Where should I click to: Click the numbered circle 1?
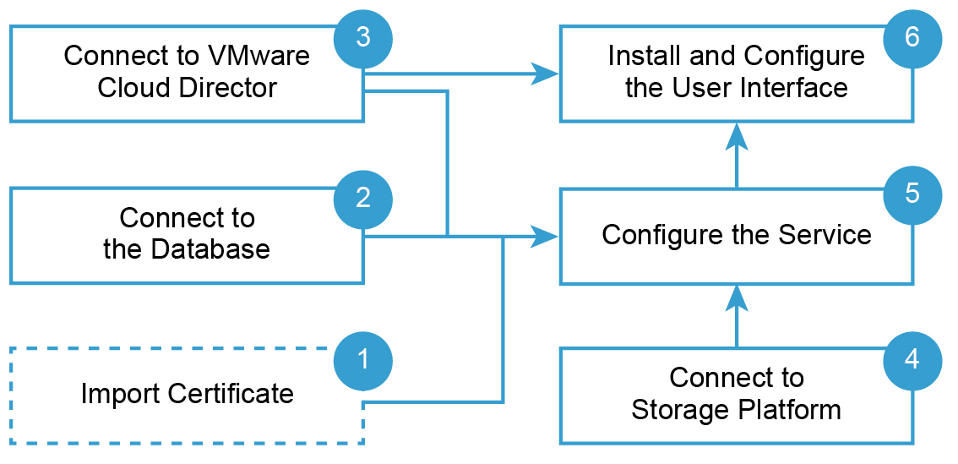tap(363, 360)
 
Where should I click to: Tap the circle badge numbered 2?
tap(363, 199)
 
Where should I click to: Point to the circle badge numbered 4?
tap(912, 360)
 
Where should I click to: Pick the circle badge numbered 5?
tap(912, 194)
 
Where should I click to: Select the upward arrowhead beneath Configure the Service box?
tap(737, 297)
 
